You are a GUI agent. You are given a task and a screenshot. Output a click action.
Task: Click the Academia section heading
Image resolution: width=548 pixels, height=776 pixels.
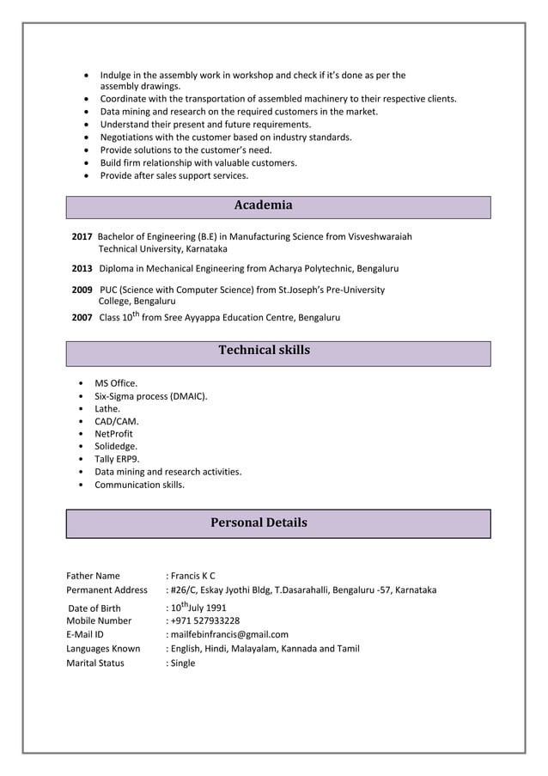point(263,205)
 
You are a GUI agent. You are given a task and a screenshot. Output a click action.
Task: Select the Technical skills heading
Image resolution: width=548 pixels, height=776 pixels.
point(264,351)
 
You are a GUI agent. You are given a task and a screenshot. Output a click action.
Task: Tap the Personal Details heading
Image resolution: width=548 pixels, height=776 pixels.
point(259,522)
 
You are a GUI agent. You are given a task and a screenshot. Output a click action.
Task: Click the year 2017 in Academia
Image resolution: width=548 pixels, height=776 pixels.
point(82,236)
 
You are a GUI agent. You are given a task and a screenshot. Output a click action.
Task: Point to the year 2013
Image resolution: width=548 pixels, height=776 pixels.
point(82,268)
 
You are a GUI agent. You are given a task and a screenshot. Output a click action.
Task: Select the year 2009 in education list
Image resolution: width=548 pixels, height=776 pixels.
point(82,290)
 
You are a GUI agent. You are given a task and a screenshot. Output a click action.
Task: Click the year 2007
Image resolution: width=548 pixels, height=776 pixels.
point(82,317)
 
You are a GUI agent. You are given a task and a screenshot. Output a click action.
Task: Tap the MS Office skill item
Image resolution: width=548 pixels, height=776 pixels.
point(116,383)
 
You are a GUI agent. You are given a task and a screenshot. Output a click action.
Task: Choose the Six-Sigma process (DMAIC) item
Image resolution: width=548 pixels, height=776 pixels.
point(150,396)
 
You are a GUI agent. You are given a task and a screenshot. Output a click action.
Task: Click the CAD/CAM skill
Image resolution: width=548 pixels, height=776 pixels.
point(117,421)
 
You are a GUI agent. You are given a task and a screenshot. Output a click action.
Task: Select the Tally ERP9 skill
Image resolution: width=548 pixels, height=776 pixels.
point(117,459)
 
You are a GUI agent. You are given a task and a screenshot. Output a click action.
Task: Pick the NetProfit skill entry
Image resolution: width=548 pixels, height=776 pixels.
point(113,434)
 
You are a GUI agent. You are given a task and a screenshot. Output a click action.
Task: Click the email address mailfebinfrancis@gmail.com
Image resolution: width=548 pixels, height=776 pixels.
point(228,635)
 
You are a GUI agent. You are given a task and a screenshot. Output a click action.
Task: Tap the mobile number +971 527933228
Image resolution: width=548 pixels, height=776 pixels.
point(204,620)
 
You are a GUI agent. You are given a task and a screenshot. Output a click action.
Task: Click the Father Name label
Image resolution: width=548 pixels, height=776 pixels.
point(93,576)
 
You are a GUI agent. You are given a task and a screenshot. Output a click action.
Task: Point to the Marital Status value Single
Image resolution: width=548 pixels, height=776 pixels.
point(182,663)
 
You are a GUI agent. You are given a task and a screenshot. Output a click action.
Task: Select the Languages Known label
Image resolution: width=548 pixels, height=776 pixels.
point(103,649)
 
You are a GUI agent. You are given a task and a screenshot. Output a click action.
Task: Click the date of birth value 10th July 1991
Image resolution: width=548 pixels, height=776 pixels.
point(198,607)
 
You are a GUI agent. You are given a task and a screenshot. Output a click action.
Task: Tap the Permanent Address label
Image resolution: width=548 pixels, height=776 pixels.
point(107,590)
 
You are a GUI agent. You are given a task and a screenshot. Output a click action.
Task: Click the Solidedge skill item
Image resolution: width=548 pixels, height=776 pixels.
point(116,446)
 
